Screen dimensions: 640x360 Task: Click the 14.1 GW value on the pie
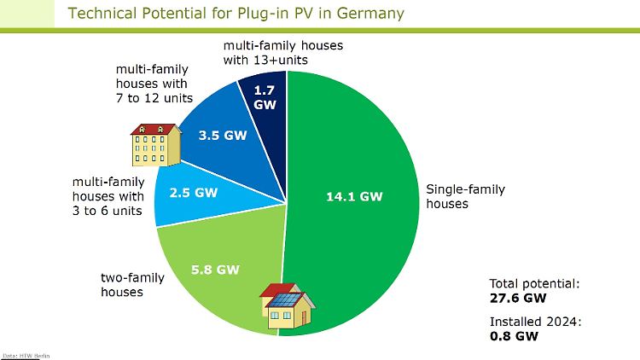pyautogui.click(x=354, y=197)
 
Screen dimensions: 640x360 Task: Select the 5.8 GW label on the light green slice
pyautogui.click(x=215, y=270)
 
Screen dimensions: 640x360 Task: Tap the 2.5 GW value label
pyautogui.click(x=194, y=193)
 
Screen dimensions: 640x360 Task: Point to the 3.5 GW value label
pyautogui.click(x=223, y=136)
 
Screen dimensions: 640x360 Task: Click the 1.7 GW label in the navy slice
pyautogui.click(x=265, y=97)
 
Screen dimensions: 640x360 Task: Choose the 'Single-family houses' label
pyautogui.click(x=465, y=196)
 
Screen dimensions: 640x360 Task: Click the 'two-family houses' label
pyautogui.click(x=132, y=285)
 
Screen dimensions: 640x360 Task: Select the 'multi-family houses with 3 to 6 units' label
pyautogui.click(x=108, y=196)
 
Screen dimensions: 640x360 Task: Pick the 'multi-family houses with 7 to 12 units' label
pyautogui.click(x=154, y=84)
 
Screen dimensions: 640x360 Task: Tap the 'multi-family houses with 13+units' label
pyautogui.click(x=282, y=53)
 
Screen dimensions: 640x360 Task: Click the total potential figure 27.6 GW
pyautogui.click(x=518, y=299)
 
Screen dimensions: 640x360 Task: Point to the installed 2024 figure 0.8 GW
pyautogui.click(x=514, y=336)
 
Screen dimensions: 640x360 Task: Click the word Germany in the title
pyautogui.click(x=370, y=14)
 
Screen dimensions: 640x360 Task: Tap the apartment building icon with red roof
pyautogui.click(x=156, y=145)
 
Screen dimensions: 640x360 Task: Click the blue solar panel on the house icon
pyautogui.click(x=285, y=300)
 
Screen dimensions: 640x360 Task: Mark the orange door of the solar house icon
pyautogui.click(x=303, y=318)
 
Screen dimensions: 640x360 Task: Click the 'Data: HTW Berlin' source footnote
pyautogui.click(x=26, y=356)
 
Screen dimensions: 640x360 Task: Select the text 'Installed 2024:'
pyautogui.click(x=535, y=322)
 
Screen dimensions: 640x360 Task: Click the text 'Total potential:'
pyautogui.click(x=534, y=284)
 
